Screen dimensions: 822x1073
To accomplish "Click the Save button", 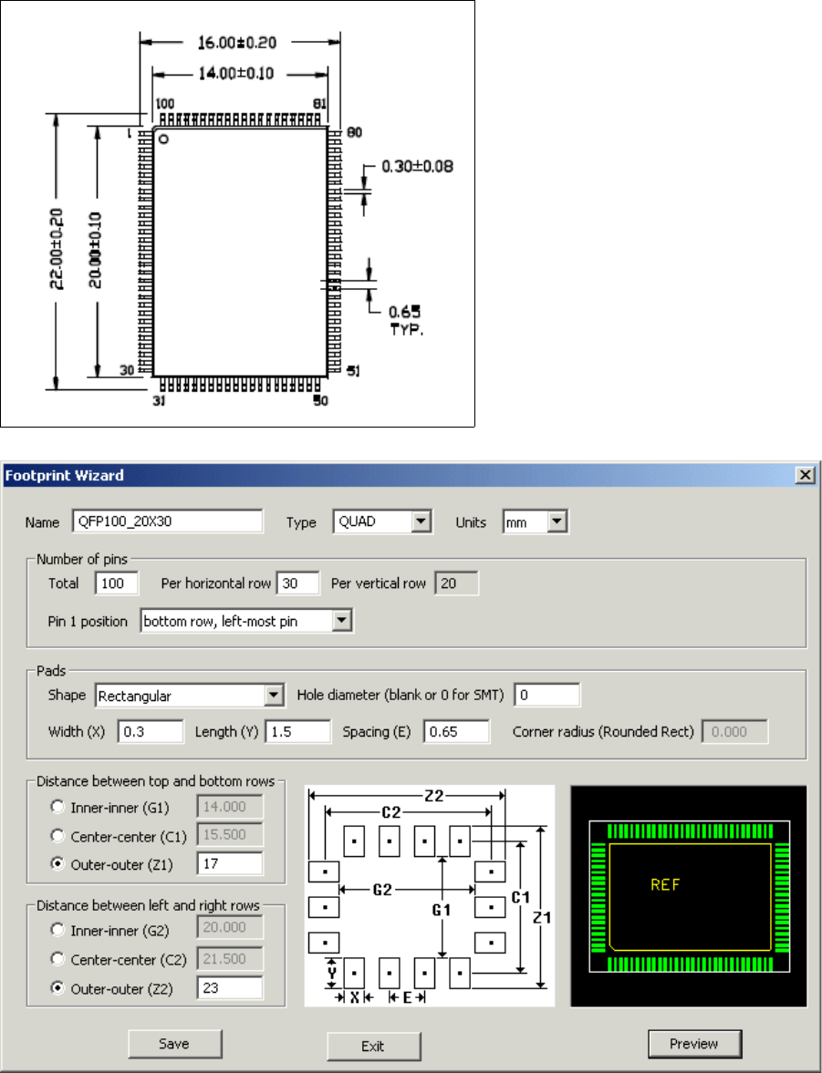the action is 174,1043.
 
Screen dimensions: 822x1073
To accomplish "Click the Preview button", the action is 694,1044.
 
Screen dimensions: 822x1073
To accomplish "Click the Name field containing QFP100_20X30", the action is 167,521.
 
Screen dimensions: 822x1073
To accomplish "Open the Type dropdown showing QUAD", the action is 421,522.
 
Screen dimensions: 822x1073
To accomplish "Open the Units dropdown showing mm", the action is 557,522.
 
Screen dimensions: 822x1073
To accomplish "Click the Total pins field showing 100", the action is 116,583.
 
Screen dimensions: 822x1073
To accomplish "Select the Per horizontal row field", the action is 298,583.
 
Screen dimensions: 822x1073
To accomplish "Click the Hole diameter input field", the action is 546,696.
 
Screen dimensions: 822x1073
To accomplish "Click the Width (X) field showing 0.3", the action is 151,732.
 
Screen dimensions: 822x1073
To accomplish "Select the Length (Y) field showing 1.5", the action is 297,732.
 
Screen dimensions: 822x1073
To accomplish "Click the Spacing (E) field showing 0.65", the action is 456,732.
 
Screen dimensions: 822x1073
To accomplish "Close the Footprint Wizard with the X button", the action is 805,475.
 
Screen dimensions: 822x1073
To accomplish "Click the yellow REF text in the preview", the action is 665,884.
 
